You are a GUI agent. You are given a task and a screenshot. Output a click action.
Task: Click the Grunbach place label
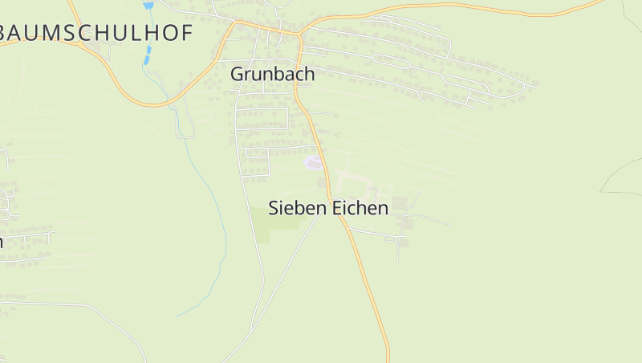(272, 74)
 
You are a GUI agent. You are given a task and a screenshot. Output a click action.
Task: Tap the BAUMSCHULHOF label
(96, 33)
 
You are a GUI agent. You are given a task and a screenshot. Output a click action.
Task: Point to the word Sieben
(297, 208)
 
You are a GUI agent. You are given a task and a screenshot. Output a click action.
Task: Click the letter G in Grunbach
(237, 74)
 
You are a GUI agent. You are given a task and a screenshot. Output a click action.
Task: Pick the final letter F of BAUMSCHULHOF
(187, 33)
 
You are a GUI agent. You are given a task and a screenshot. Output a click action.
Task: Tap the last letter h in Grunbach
(309, 74)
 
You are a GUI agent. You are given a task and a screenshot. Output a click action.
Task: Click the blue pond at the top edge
(148, 5)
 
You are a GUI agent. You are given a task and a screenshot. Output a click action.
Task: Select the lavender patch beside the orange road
(313, 164)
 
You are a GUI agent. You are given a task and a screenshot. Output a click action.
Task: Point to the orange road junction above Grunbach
(299, 35)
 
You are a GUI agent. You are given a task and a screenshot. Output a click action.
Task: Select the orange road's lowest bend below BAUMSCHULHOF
(152, 104)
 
